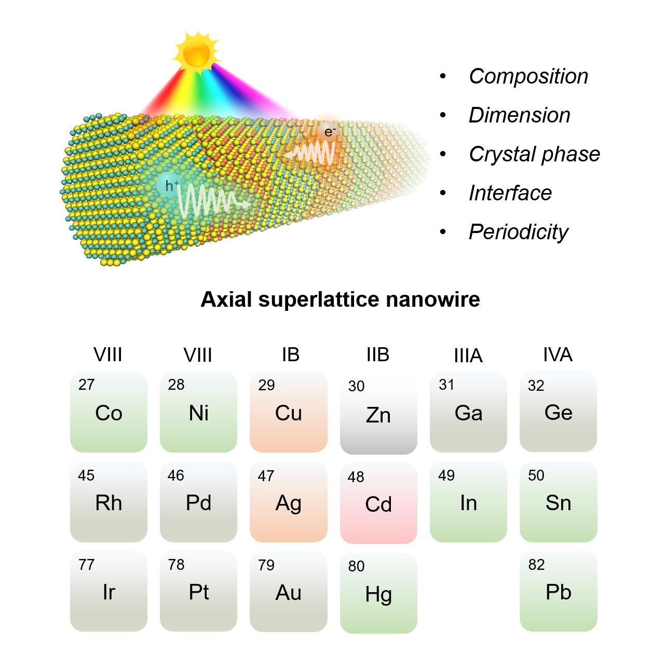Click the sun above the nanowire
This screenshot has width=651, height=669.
coord(197,52)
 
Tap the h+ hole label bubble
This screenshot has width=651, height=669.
coord(169,185)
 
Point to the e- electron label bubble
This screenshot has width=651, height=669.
coord(329,132)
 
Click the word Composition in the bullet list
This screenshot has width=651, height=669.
coord(528,76)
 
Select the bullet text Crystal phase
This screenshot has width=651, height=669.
coord(534,154)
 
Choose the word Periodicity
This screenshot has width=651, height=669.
coord(518,232)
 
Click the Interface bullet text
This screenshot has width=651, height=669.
coord(510,193)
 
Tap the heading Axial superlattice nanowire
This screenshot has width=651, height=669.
coord(340,299)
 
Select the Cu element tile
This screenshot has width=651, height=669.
coord(289,412)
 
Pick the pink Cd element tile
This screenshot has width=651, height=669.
coord(378,503)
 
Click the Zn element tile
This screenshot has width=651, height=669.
coord(378,414)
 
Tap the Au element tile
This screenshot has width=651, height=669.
coord(289,592)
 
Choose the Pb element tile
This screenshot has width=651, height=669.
coord(558,592)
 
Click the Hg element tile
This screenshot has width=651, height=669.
coord(378,593)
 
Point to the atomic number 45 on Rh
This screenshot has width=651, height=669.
coord(86,475)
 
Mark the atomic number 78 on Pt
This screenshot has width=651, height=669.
coord(176,565)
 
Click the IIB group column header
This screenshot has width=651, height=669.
coord(377,355)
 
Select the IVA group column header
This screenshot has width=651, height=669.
coord(558,355)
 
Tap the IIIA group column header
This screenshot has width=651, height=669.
coord(468,356)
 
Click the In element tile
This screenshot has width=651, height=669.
coord(468,502)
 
